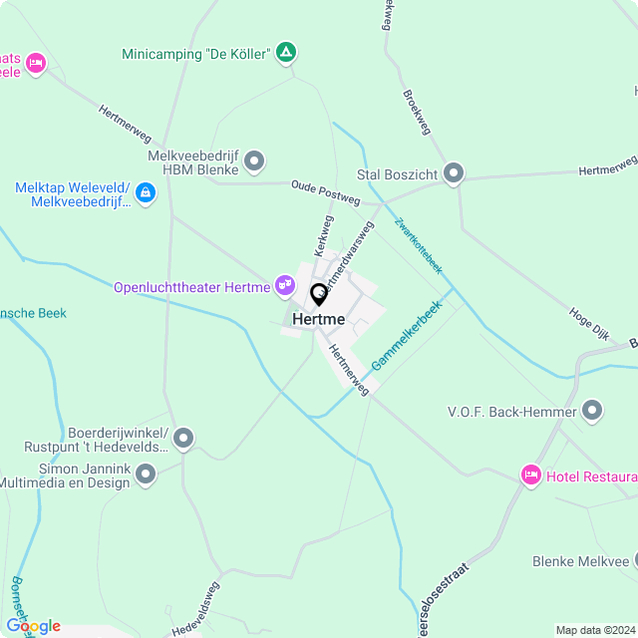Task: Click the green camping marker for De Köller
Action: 286,53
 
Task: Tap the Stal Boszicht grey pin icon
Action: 455,173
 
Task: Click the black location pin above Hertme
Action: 319,295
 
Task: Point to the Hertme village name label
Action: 319,319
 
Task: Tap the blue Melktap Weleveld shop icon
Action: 146,191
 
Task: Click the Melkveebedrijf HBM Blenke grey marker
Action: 254,160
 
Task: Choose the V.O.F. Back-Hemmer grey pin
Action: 593,411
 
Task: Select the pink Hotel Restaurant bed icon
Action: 531,476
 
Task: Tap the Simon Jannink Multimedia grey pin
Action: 146,475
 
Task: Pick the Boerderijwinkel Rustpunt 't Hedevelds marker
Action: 182,439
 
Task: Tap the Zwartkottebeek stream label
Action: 418,245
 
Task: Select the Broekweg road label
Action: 417,112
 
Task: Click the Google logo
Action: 33,626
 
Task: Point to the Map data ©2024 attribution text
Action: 595,630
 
